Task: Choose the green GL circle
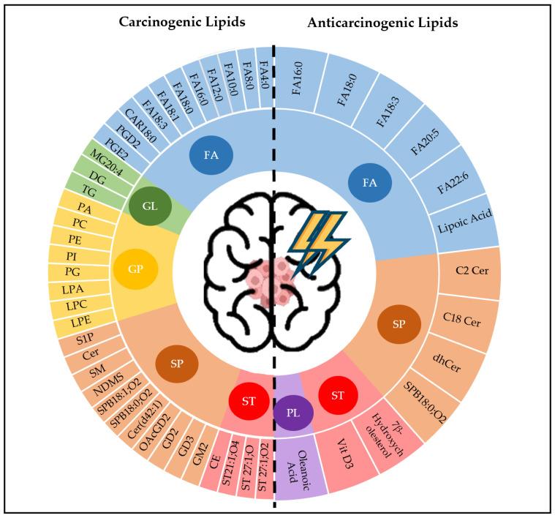(150, 206)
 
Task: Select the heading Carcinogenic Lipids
(182, 23)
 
